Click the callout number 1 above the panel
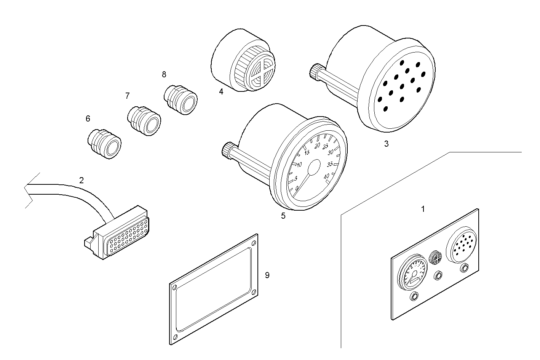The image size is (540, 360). [x=423, y=209]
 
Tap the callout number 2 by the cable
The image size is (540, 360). [x=81, y=180]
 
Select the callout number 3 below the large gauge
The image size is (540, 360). [x=386, y=144]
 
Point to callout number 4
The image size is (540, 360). [x=221, y=91]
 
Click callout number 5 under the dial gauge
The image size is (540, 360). [x=283, y=216]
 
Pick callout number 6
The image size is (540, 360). [x=88, y=119]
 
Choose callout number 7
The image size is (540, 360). [x=128, y=96]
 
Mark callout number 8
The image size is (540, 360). [x=164, y=74]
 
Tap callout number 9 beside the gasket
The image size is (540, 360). [x=267, y=275]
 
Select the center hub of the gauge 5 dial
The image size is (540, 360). [x=314, y=168]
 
